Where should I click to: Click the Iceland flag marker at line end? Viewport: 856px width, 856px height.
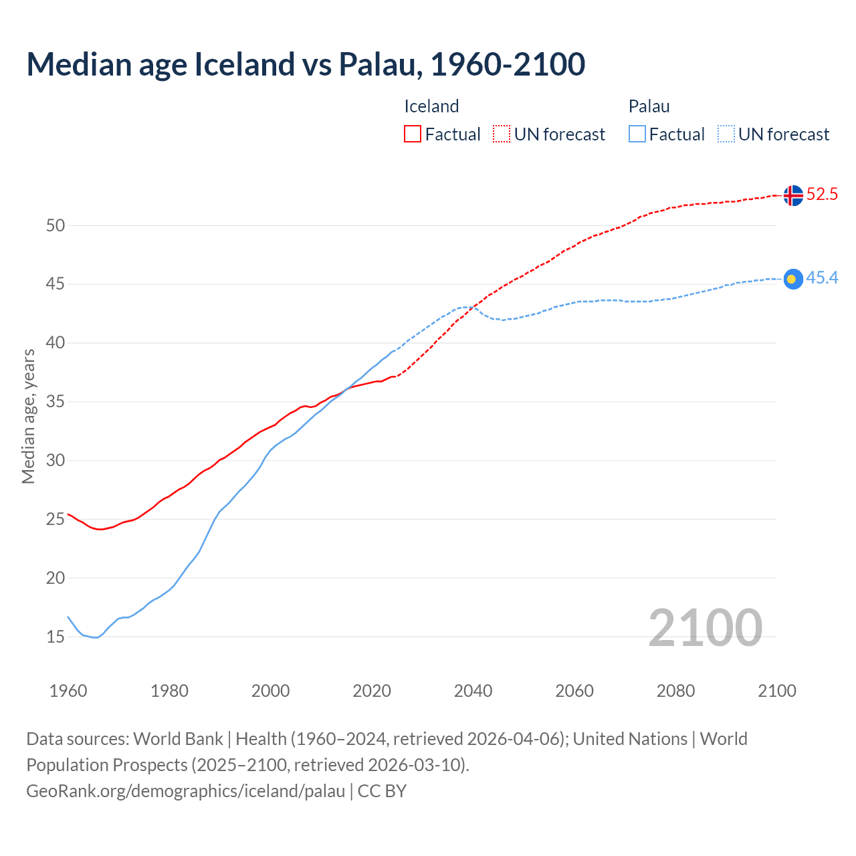[x=792, y=195]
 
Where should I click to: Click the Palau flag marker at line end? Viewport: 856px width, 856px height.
[x=792, y=279]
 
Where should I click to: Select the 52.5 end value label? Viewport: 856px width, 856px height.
[x=822, y=195]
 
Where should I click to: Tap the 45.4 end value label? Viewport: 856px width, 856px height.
[x=822, y=278]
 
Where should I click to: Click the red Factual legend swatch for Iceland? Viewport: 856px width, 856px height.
[x=413, y=134]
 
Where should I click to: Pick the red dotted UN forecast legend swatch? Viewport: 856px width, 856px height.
[x=502, y=134]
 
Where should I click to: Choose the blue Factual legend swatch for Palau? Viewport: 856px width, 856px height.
[x=637, y=134]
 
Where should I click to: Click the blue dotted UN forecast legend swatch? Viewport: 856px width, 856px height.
[x=726, y=134]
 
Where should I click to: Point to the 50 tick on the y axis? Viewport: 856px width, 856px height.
[x=56, y=226]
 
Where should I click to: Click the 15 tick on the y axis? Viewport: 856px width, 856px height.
[x=56, y=637]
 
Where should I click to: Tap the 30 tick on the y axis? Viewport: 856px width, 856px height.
[x=56, y=461]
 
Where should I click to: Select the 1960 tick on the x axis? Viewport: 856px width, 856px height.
[x=68, y=691]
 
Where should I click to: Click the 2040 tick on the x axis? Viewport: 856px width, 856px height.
[x=473, y=691]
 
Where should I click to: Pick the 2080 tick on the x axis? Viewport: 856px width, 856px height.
[x=675, y=691]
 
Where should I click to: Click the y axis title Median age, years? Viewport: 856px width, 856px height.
[x=28, y=416]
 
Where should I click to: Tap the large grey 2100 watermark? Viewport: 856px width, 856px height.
[x=705, y=628]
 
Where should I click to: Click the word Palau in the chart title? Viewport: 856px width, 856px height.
[x=380, y=64]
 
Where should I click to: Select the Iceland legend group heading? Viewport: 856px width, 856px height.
[x=431, y=106]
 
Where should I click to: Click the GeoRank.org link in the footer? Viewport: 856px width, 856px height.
[x=185, y=791]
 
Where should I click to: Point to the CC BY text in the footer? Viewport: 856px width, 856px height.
[x=382, y=791]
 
